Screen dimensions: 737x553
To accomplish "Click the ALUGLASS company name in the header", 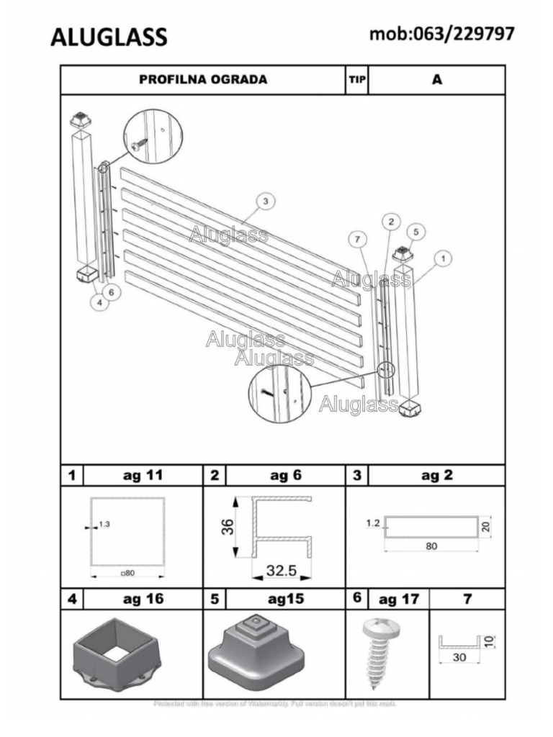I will (x=109, y=37).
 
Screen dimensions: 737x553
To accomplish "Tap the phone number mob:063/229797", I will (x=442, y=33).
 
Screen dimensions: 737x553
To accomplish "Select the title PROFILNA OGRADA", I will (x=203, y=79).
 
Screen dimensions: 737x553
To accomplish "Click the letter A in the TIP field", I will (x=436, y=79).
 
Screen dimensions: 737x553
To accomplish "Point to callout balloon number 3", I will (x=265, y=201).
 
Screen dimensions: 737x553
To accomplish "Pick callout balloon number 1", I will (x=444, y=257).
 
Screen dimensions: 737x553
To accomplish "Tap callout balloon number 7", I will (x=357, y=238).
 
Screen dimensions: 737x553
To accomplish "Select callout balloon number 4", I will (x=99, y=303).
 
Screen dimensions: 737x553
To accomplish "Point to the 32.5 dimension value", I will (x=282, y=571).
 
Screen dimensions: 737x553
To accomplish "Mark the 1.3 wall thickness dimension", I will (x=104, y=525).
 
